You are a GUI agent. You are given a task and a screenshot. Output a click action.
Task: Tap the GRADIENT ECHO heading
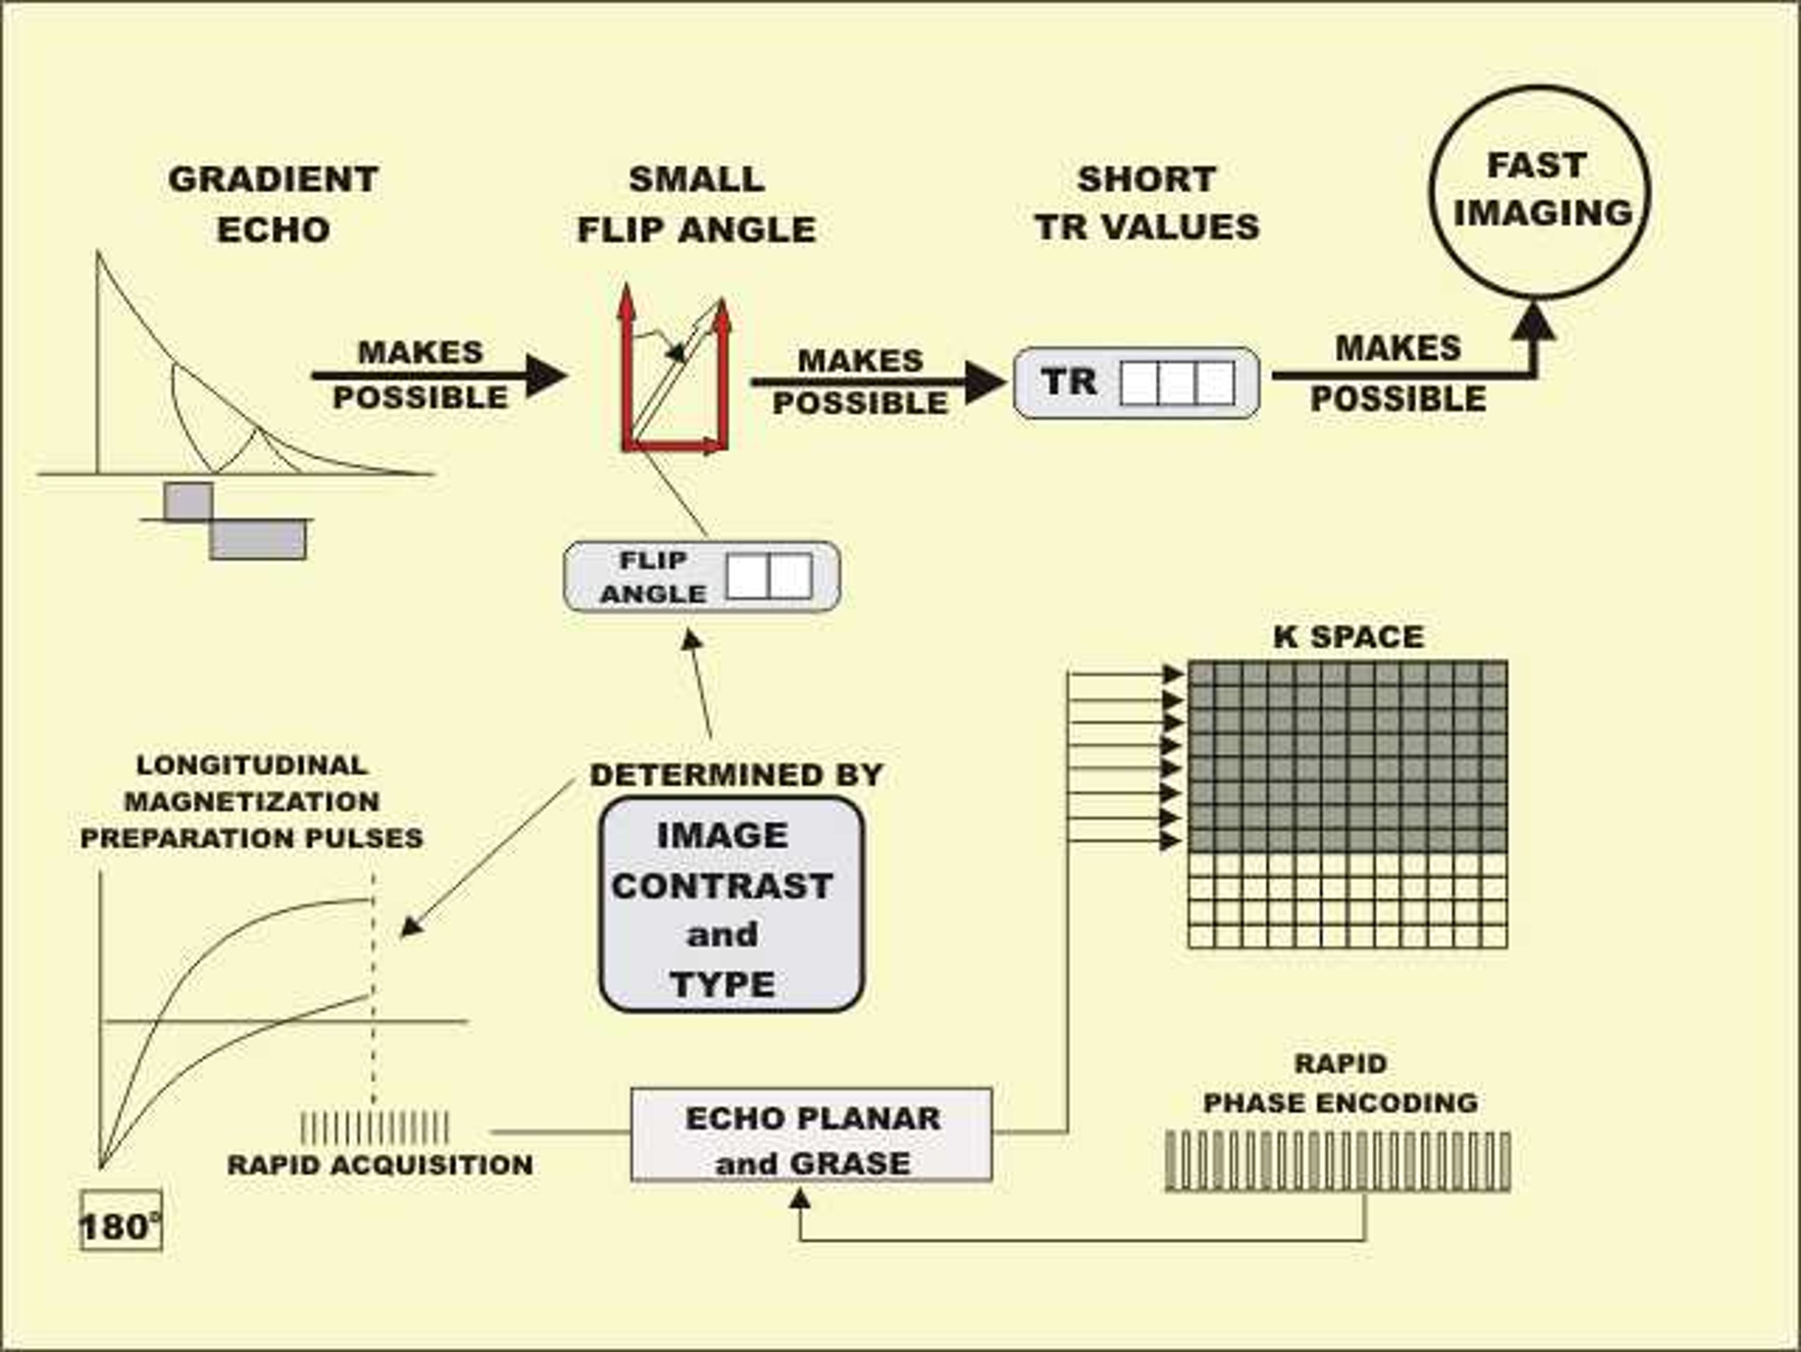pos(274,204)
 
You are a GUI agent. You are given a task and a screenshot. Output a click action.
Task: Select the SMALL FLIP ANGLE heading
pos(697,204)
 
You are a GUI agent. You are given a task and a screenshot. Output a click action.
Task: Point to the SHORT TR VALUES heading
pos(1147,203)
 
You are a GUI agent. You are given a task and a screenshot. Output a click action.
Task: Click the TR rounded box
pos(1136,383)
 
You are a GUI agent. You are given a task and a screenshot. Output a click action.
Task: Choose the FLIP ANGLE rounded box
pos(702,577)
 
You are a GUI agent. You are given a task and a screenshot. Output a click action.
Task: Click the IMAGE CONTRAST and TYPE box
pos(731,904)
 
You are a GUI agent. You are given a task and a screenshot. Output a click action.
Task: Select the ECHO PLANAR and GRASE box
pos(812,1135)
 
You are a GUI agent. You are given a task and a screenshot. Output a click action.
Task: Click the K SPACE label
pos(1349,637)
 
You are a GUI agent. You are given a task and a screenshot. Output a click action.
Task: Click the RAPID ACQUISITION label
pos(380,1165)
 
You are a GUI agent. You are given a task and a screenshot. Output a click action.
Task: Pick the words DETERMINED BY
pos(737,775)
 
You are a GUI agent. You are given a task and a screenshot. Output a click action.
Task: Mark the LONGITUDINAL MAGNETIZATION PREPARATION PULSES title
pos(252,801)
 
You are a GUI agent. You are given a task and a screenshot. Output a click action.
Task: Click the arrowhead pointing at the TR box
pos(985,382)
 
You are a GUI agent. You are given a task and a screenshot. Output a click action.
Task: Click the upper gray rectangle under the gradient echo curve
pos(188,501)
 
